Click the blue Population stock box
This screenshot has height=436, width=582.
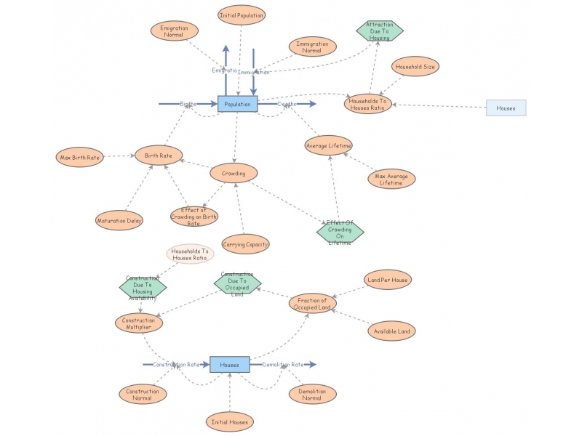coord(238,104)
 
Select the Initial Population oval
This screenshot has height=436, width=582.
coord(242,15)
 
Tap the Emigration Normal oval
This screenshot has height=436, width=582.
coord(175,31)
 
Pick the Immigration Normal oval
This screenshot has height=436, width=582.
coord(312,47)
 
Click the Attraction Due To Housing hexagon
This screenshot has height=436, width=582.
coord(379,31)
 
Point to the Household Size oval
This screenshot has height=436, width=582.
coord(415,66)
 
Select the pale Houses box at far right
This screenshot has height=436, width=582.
coord(506,108)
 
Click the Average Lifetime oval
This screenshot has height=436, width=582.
coord(328,145)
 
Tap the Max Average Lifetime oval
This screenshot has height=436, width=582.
coord(391,179)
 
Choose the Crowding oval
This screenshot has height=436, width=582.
coord(234,174)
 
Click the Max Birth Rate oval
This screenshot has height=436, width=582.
coord(80,157)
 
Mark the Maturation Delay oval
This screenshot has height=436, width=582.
coord(119,220)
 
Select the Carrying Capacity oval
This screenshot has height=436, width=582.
coord(245,244)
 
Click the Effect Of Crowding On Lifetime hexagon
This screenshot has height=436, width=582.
coord(340,232)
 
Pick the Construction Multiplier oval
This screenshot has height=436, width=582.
coord(139,323)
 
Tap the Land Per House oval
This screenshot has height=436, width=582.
coord(387,280)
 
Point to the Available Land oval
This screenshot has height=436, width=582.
coord(391,331)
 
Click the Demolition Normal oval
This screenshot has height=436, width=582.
coord(313,395)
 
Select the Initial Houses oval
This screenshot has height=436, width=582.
coord(230,422)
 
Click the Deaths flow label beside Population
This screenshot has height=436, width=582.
coord(287,104)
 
